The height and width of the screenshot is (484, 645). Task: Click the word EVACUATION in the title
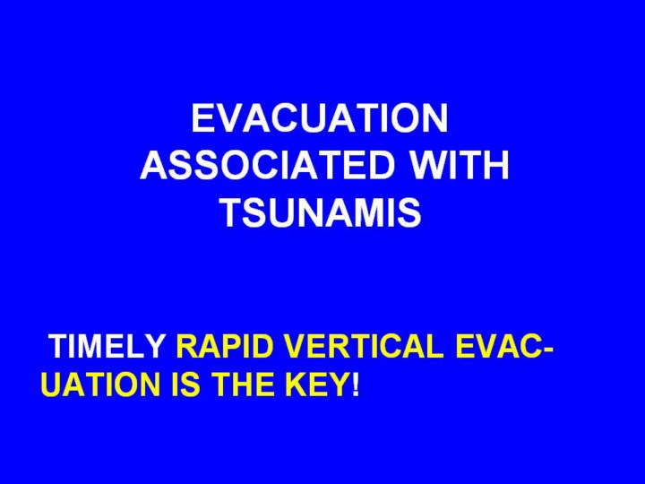tap(320, 117)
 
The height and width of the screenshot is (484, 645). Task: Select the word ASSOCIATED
tap(268, 165)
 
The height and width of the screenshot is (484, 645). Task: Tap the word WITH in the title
tap(460, 165)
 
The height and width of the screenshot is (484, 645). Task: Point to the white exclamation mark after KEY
tap(356, 385)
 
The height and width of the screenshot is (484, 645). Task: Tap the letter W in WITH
tap(429, 165)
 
